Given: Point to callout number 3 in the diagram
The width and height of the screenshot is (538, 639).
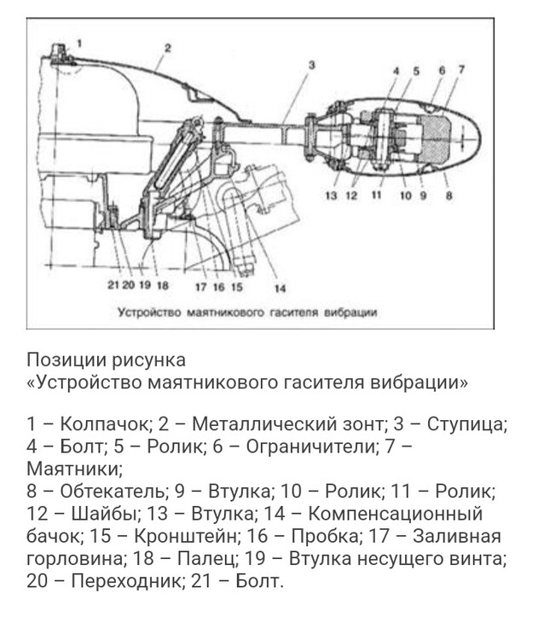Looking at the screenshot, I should [311, 65].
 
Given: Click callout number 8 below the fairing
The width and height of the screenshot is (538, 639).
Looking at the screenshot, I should [448, 196].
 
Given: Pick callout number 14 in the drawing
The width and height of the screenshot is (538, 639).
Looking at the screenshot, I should [280, 287].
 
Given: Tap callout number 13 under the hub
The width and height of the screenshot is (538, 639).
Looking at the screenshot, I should [333, 196].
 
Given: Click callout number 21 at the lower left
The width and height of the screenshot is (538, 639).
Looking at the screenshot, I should [113, 285].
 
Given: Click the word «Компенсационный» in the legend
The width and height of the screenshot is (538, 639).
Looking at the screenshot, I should [394, 515].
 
